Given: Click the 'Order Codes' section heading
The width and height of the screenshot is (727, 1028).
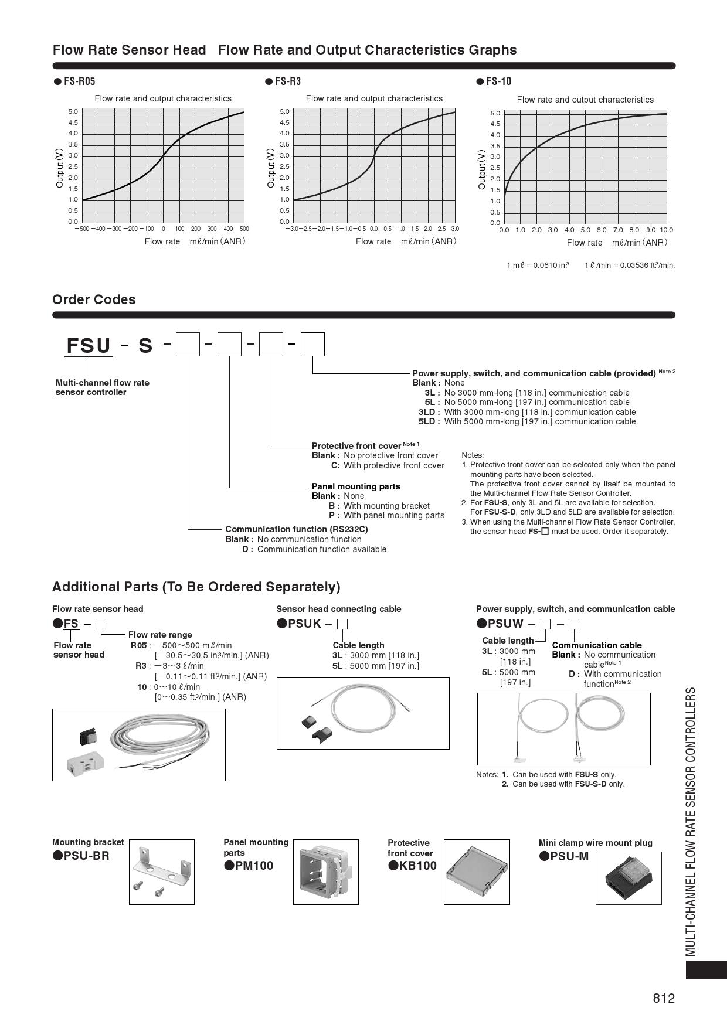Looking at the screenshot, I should (94, 299).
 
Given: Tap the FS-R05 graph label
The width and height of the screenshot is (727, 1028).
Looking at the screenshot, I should (79, 81).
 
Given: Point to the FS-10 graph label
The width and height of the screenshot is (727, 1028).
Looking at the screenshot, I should (498, 81).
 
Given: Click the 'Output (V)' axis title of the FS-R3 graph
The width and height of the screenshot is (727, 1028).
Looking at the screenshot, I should (271, 168).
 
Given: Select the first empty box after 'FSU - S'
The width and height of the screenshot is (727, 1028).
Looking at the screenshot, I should (188, 345).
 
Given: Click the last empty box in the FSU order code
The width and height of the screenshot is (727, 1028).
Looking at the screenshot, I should (312, 345).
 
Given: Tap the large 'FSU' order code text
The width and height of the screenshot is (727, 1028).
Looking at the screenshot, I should (89, 346).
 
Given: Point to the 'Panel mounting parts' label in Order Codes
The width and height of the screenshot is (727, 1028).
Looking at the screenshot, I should (356, 486).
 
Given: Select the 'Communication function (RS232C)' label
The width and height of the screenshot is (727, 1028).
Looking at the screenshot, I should (297, 529).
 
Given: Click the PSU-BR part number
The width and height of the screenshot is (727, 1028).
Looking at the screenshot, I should (86, 855).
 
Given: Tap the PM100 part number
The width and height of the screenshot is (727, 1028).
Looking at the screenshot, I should (253, 866).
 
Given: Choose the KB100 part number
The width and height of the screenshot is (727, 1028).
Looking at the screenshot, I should (417, 866).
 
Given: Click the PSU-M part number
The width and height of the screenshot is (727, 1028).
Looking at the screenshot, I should (569, 856).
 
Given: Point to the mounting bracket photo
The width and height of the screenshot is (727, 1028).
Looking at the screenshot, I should (161, 872).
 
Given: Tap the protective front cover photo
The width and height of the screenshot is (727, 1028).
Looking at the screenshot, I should (476, 872).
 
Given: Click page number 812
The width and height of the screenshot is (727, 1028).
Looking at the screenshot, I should (664, 999).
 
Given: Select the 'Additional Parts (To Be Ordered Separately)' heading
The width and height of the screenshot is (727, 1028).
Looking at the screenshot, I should (196, 587).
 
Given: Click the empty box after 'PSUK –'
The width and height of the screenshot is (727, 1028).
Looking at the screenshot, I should (344, 624).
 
